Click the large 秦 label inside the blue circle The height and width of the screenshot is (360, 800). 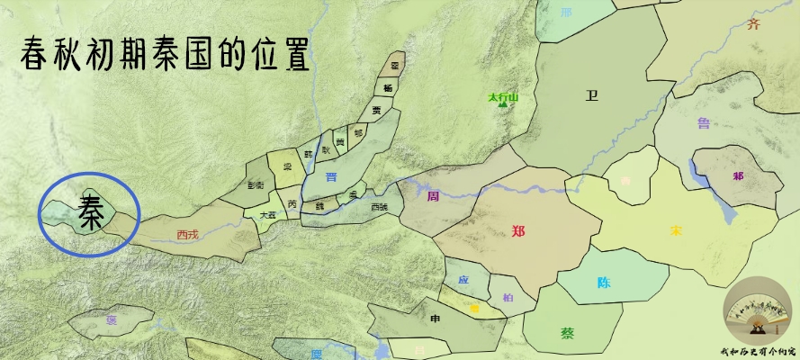91,212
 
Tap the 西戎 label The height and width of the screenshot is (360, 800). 187,234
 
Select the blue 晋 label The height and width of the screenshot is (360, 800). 331,177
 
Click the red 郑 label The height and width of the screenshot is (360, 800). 517,230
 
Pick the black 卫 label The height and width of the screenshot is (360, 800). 591,96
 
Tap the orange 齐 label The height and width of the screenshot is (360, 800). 753,24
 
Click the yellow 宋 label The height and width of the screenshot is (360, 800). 675,230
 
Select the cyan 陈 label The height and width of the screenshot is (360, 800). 604,282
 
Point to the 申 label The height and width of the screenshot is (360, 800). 436,318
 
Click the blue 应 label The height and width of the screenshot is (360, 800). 463,280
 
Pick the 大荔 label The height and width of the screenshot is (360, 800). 267,215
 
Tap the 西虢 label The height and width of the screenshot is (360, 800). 380,206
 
